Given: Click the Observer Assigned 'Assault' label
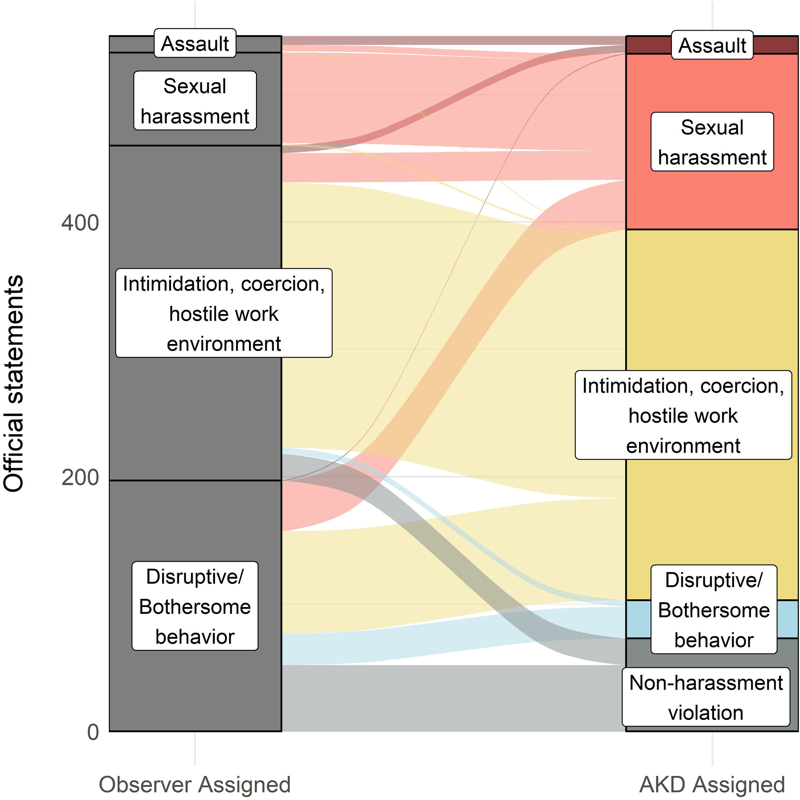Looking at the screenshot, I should tap(195, 44).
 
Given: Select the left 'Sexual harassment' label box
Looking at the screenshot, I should tap(195, 100).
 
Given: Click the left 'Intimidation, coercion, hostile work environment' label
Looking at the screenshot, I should tap(224, 313).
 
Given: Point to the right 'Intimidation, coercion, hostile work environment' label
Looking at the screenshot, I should tap(683, 415).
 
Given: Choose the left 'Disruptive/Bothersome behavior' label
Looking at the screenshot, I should tap(195, 606).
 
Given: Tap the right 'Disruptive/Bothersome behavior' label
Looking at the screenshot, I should tap(714, 610).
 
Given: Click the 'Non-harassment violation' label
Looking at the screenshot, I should tap(706, 697).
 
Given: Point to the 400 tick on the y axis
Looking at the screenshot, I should tap(80, 223).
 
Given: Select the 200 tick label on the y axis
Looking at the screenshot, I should tap(80, 477).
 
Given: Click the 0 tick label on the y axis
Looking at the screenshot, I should tap(93, 732).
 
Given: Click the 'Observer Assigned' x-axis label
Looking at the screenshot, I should tap(195, 784).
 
